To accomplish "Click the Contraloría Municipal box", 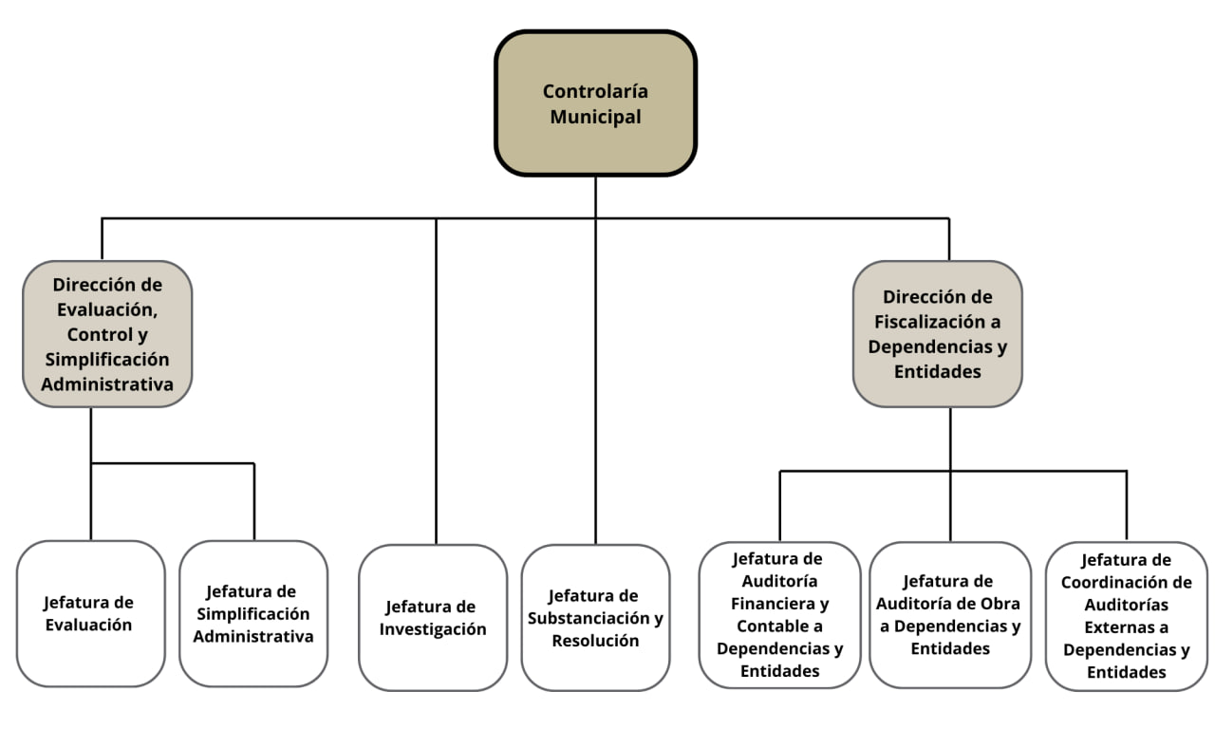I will [595, 103].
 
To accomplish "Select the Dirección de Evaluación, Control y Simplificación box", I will [107, 334].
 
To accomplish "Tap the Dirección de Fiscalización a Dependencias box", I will [937, 334].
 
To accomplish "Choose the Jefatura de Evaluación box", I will [91, 613].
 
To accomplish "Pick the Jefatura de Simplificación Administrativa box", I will [253, 613].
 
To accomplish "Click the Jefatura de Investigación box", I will [433, 617].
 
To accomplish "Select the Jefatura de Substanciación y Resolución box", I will [595, 617].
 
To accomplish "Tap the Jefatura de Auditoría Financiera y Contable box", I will [779, 614].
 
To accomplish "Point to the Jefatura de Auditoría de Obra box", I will [949, 614].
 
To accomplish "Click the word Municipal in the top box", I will [595, 117].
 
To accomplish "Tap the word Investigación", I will [433, 629].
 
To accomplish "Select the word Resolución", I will [595, 641].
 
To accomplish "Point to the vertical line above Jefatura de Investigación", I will [437, 380].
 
